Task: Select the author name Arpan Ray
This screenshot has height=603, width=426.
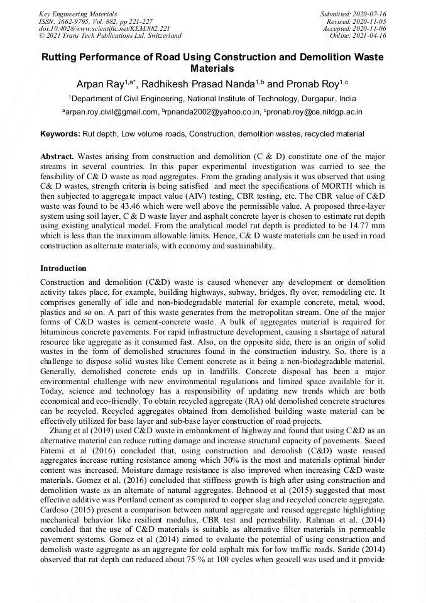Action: click(99, 84)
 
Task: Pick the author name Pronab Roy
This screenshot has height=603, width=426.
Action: click(315, 84)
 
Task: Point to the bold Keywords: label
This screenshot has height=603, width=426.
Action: click(60, 135)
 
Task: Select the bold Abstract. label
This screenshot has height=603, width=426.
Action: click(57, 155)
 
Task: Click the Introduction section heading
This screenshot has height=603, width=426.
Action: click(63, 268)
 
